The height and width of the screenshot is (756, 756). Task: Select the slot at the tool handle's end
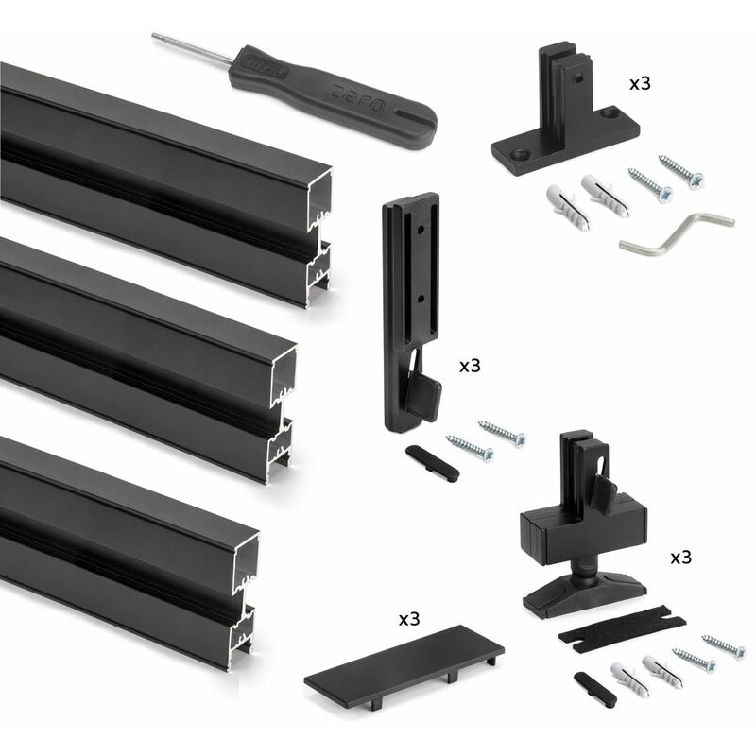pyautogui.click(x=411, y=117)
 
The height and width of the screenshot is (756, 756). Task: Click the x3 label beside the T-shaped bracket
pyautogui.click(x=640, y=83)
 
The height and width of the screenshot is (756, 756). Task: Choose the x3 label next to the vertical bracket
pyautogui.click(x=470, y=366)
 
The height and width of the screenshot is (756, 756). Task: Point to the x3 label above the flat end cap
pyautogui.click(x=409, y=620)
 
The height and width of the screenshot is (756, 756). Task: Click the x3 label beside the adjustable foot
pyautogui.click(x=680, y=558)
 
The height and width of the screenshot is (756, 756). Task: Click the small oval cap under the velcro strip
pyautogui.click(x=593, y=687)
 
